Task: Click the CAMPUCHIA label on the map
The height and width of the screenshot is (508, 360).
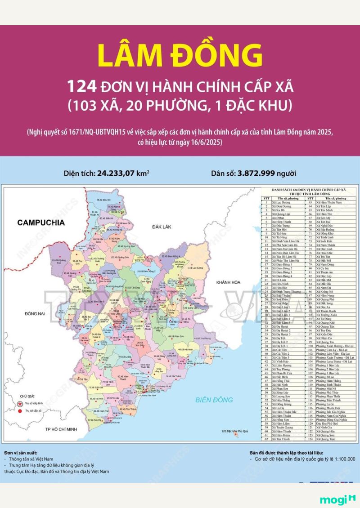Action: (40, 222)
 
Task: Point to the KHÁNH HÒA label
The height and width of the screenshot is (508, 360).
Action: (229, 281)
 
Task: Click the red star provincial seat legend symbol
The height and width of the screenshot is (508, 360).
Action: (19, 404)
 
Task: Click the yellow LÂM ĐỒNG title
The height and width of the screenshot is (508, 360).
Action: (180, 56)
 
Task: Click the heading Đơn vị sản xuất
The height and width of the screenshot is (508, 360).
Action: (21, 452)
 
